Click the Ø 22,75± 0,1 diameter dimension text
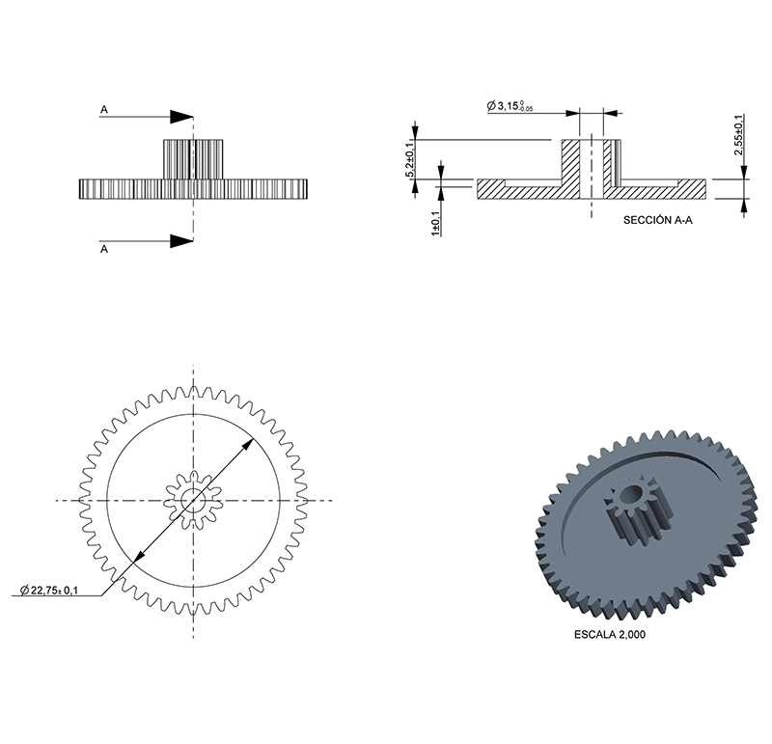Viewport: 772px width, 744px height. point(49,590)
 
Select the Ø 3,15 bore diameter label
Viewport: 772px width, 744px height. point(510,106)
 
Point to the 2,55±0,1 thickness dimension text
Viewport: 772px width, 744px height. point(738,135)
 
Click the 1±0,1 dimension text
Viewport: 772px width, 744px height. point(436,223)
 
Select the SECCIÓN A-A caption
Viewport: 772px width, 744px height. point(658,220)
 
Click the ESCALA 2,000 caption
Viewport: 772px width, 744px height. point(610,634)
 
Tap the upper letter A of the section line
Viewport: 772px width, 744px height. point(104,109)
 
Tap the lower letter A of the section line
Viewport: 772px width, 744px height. point(104,249)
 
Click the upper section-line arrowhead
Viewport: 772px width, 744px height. point(181,117)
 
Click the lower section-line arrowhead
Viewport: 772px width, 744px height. point(181,241)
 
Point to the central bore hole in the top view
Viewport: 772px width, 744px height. point(193,501)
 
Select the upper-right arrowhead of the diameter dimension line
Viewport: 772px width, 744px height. point(248,445)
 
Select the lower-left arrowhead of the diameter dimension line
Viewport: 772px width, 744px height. point(139,556)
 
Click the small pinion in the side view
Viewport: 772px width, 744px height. point(193,159)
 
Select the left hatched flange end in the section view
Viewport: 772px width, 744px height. point(491,189)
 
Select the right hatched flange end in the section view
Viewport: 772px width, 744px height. point(693,189)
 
